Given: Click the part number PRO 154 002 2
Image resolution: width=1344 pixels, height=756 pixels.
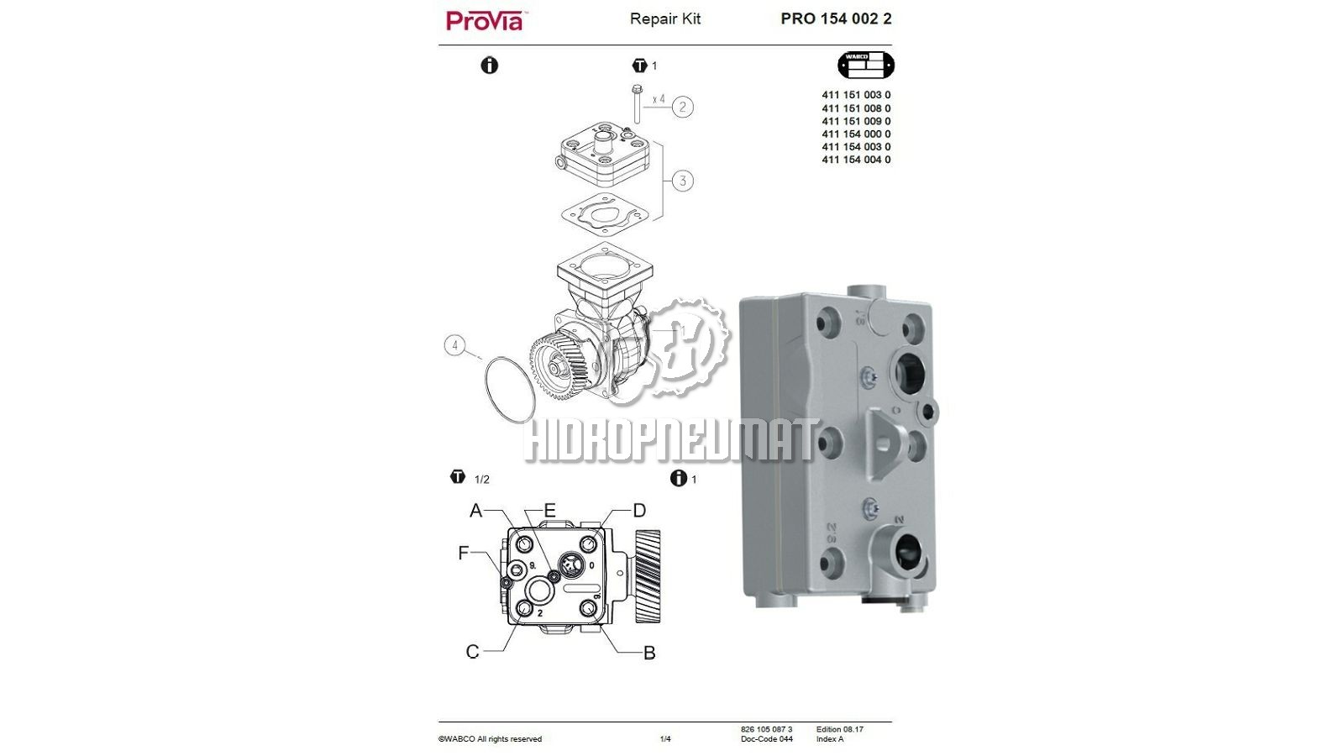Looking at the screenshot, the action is tap(836, 18).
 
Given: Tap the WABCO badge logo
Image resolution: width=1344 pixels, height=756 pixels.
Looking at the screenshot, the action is tap(866, 65).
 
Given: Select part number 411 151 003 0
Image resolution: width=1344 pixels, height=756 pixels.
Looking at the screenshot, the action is tap(856, 95).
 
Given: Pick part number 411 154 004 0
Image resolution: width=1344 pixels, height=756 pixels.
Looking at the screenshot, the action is tap(856, 160).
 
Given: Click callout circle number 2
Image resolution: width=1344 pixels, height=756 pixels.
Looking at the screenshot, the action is tap(682, 107).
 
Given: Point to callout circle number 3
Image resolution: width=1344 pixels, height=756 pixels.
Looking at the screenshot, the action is tap(682, 181).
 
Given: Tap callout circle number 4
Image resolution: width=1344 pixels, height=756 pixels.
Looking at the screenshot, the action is tap(454, 345).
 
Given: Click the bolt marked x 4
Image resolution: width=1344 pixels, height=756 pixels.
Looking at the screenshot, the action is tap(637, 104).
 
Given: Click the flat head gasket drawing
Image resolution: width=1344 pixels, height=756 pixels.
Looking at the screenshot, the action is tap(605, 213).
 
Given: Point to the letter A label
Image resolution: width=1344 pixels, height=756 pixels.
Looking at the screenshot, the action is tap(475, 511).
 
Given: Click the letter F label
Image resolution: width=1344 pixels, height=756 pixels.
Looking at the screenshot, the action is tap(463, 553).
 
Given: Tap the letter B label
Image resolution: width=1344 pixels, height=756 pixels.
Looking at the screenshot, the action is tap(649, 653).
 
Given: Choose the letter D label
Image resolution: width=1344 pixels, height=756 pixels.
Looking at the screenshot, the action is tap(639, 511).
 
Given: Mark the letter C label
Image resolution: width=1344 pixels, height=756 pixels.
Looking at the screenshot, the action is tap(472, 652).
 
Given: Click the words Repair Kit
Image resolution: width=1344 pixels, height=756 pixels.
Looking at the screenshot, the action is tap(664, 19).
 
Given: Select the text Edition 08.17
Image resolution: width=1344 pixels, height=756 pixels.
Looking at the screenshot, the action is tap(839, 730).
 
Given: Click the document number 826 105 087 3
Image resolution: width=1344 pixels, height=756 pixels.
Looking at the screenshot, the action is tap(766, 730).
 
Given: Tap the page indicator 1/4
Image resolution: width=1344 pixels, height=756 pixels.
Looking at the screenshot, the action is tap(665, 739).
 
